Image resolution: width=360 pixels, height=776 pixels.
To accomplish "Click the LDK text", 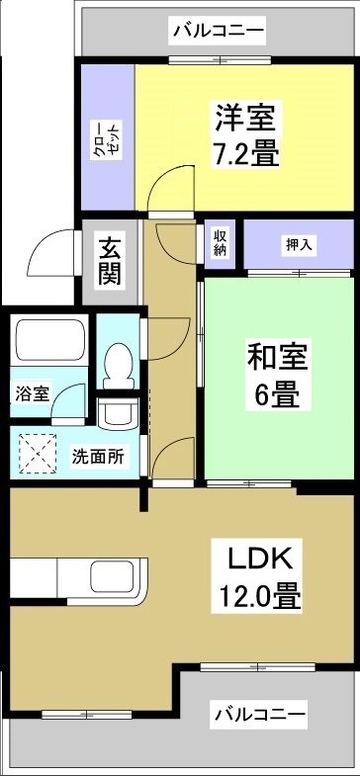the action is pos(260,560).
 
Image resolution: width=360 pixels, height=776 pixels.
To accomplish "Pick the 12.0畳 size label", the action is pos(260,596).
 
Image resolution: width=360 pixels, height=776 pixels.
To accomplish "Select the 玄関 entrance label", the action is pos(110,260).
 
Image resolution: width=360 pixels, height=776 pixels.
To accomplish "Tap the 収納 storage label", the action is pos(220,242).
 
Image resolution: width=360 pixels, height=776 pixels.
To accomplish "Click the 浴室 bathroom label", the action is pos(31,392).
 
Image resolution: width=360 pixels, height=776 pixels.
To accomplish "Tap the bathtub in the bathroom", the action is pos(49,342).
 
